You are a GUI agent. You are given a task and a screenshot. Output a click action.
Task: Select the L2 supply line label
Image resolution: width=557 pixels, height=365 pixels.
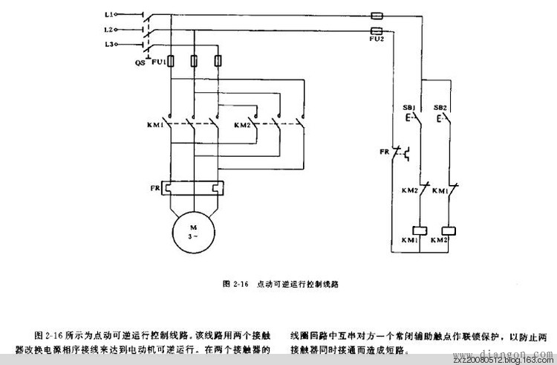pos(108,30)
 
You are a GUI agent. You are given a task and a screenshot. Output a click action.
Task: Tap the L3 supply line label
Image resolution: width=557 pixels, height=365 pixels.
pos(108,45)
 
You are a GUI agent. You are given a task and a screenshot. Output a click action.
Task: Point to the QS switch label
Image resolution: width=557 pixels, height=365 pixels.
pos(139,63)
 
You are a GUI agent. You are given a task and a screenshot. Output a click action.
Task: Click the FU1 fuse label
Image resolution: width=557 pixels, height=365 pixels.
pos(157,63)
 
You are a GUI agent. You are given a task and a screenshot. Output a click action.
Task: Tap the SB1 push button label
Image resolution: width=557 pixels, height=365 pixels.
pos(408,107)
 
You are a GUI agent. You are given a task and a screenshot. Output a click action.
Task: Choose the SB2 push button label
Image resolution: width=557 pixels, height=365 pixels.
pos(440,107)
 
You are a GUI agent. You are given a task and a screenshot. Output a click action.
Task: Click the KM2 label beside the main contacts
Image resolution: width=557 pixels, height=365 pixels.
pos(241,125)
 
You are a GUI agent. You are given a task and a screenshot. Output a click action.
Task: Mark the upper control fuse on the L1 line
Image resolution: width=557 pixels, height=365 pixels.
pos(376,15)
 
